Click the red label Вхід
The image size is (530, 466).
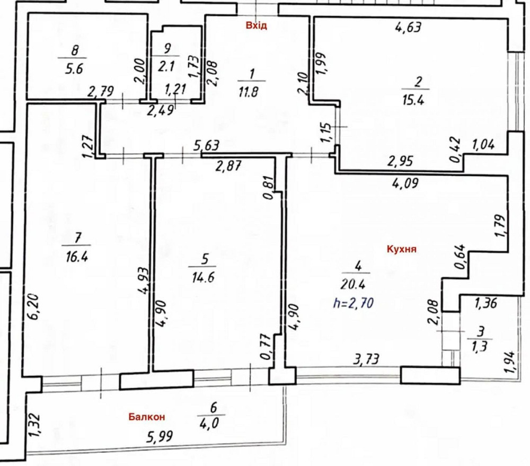pos(256,25)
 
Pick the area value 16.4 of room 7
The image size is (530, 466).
pos(76,258)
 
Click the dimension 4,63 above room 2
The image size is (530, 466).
pos(408,27)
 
